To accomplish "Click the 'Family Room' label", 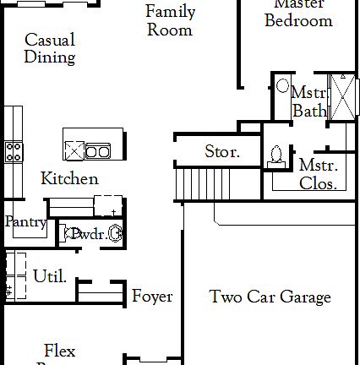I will (x=170, y=21).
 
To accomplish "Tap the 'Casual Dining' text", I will (x=50, y=49).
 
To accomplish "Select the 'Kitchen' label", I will (x=69, y=178).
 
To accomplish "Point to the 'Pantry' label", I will (x=25, y=221).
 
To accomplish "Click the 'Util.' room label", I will (x=50, y=276).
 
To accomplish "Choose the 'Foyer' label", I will (x=152, y=297).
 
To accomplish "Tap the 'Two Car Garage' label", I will (x=270, y=297).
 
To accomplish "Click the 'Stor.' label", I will (x=222, y=153).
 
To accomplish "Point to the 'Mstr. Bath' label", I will (x=308, y=101).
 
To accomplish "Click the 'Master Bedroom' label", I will (x=298, y=14).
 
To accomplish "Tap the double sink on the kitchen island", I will (x=96, y=152).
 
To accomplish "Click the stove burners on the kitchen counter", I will (x=14, y=151).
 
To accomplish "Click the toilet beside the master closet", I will (x=275, y=153).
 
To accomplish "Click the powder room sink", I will (x=115, y=234).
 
